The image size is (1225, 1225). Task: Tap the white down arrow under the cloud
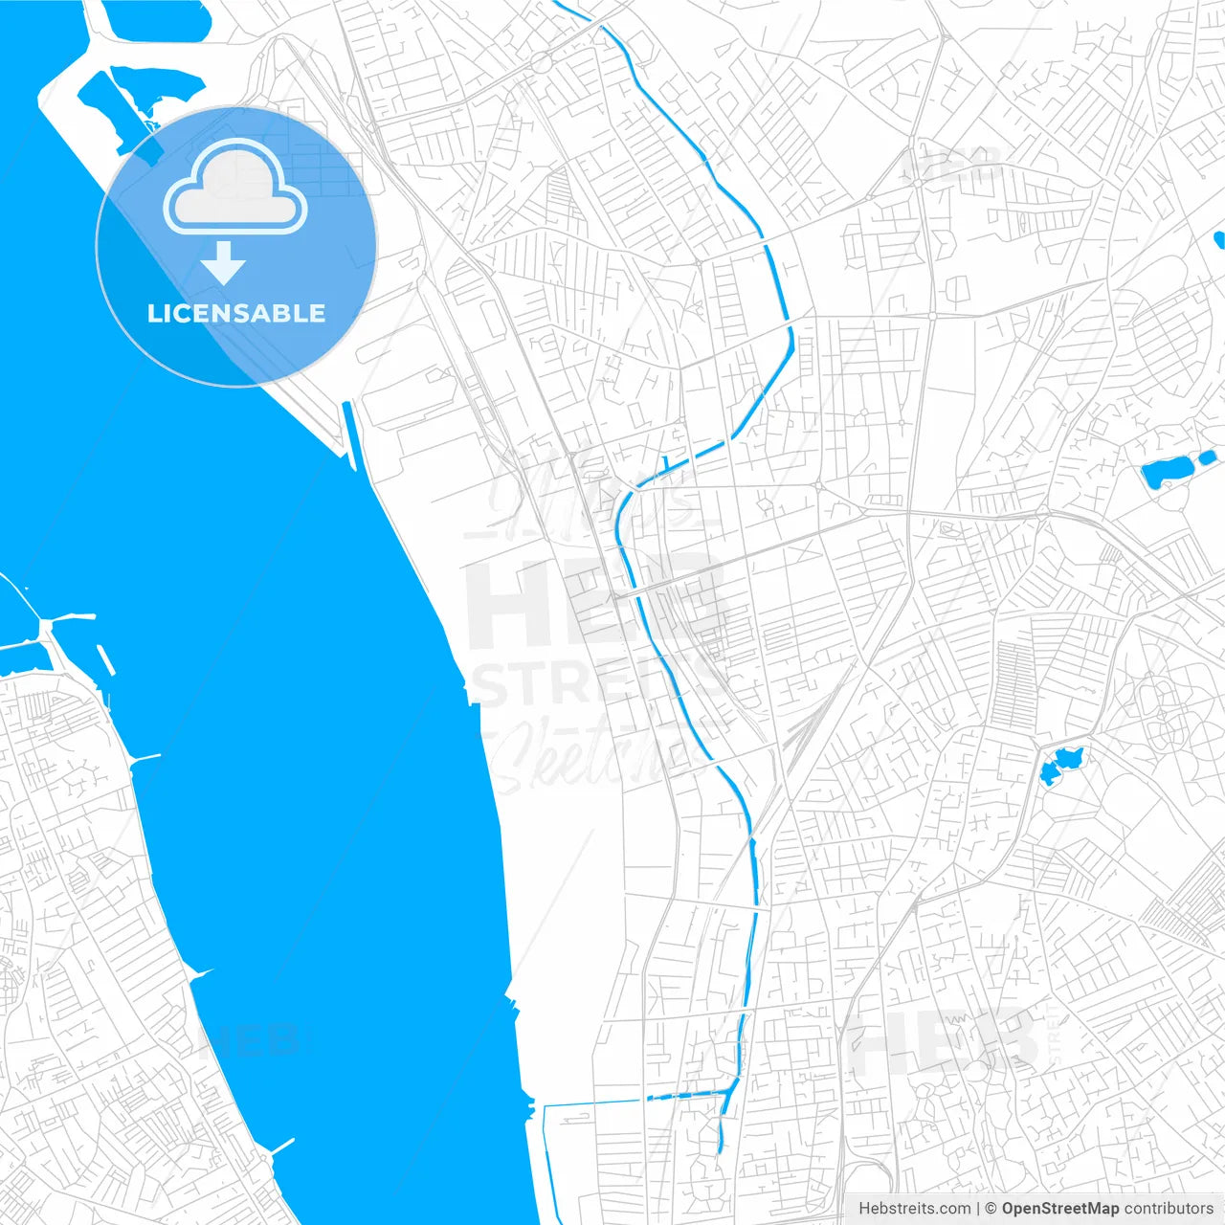coord(224,263)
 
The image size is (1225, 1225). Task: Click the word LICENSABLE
coord(236,313)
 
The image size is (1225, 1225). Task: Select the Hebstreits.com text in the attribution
coord(914,1209)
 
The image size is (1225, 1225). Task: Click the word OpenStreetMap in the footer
coord(1059,1209)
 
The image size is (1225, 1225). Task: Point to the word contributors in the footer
coord(1169,1209)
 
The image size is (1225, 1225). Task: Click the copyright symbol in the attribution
coord(990,1209)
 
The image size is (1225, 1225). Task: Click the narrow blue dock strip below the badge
coord(349,435)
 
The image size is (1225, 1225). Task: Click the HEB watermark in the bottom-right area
coord(943,1043)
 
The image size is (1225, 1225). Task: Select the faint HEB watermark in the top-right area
coord(952,165)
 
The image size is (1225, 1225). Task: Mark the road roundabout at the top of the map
coord(542,63)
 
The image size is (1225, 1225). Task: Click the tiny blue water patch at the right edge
coord(1219,239)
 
